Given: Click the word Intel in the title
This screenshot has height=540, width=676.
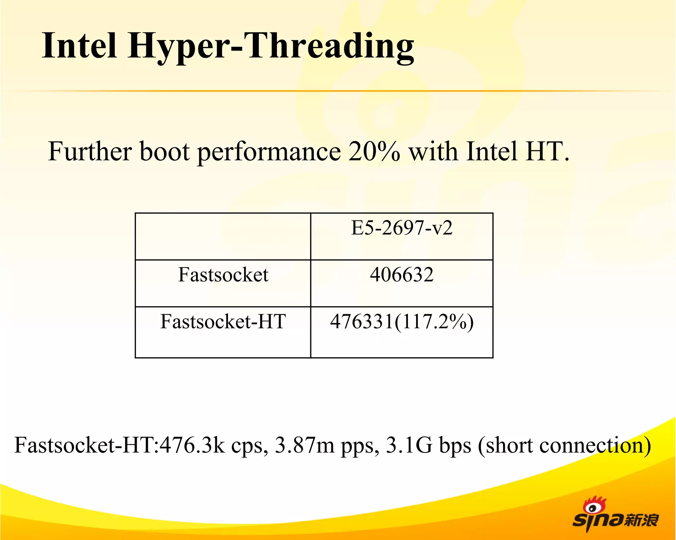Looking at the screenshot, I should tap(79, 46).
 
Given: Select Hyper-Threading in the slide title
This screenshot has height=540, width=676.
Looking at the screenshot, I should tap(271, 46).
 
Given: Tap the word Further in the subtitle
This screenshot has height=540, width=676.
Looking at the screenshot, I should tap(90, 151).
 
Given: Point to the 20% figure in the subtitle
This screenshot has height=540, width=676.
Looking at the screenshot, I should tap(374, 151).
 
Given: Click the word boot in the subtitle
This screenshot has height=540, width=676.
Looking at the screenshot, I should tap(165, 151).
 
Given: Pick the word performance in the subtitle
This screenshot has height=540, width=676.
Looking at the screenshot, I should tap(269, 152).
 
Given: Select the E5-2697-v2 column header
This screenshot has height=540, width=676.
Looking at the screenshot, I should tap(402, 228).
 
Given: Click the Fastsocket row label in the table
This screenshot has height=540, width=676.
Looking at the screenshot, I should tap(223, 275).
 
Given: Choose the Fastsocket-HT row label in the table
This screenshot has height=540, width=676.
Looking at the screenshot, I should tap(223, 321).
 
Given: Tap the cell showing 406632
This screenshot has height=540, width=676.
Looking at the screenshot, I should tap(402, 275).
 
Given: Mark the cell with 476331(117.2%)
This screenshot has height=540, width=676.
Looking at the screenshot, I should tap(402, 322).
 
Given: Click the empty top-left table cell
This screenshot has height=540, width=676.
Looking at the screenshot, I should tap(223, 236).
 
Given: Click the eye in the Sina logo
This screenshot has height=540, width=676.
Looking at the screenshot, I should tap(593, 508).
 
